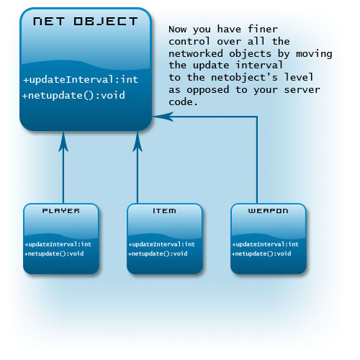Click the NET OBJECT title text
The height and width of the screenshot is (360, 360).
tap(85, 21)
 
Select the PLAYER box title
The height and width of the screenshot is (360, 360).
tap(61, 211)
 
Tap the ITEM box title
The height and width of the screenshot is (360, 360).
tap(164, 211)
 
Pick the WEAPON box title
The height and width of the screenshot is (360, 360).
tap(268, 211)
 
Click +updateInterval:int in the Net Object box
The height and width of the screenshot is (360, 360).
tap(81, 79)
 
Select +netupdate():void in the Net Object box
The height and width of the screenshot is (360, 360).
tap(73, 96)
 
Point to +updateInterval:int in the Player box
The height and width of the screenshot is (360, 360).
tap(58, 244)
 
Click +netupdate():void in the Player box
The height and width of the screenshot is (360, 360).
tap(54, 253)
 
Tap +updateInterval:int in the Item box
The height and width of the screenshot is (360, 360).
tap(162, 244)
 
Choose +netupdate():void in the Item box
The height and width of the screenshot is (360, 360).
tap(158, 253)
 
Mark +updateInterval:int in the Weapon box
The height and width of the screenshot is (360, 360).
tap(266, 244)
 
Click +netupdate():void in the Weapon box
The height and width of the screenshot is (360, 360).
tap(261, 253)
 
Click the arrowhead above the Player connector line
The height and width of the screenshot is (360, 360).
tap(63, 142)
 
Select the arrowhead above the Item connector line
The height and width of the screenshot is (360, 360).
tap(138, 142)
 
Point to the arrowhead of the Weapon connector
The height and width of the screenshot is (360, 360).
tap(163, 117)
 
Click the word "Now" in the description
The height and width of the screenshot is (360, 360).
tap(178, 30)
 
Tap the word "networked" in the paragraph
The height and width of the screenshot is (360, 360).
tap(196, 53)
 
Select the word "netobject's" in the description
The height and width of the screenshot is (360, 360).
tap(244, 77)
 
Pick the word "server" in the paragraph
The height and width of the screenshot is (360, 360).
tap(302, 90)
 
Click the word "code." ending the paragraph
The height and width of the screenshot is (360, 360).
tap(184, 102)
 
